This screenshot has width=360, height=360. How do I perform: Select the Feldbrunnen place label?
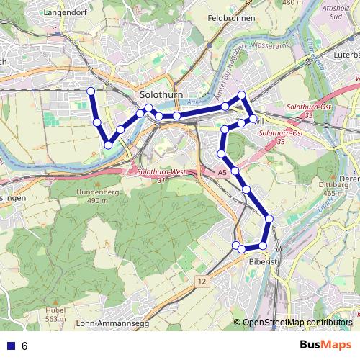pos(231,17)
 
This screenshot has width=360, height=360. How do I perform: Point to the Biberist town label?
pos(263,263)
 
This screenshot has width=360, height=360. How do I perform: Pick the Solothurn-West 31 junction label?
pos(158,176)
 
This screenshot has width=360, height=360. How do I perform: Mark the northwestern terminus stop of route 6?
pos(91,91)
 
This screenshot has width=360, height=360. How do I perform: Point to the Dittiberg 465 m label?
pos(348,189)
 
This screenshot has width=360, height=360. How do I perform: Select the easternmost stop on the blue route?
pos(269,218)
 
